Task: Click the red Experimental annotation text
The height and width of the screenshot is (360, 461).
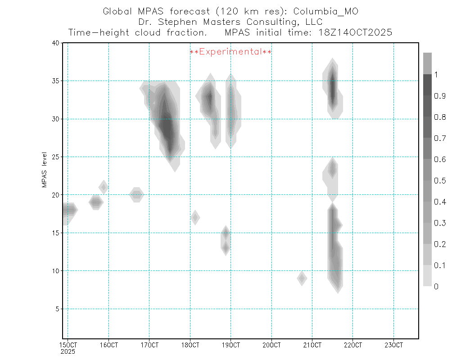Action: (x=230, y=52)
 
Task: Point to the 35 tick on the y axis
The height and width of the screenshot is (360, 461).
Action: (x=55, y=81)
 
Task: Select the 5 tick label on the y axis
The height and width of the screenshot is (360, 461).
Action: (x=57, y=309)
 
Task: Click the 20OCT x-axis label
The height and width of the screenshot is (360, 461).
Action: (x=271, y=346)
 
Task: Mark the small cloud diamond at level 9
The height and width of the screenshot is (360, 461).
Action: (x=302, y=279)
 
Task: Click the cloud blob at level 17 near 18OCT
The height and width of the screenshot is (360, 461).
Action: (x=195, y=217)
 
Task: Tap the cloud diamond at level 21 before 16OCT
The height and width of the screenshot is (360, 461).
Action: (x=104, y=187)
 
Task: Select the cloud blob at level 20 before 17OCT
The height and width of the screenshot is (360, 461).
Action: (x=137, y=195)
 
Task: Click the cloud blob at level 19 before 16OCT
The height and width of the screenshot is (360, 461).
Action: (x=95, y=202)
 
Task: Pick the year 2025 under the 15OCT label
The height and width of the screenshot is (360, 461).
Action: (x=68, y=351)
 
